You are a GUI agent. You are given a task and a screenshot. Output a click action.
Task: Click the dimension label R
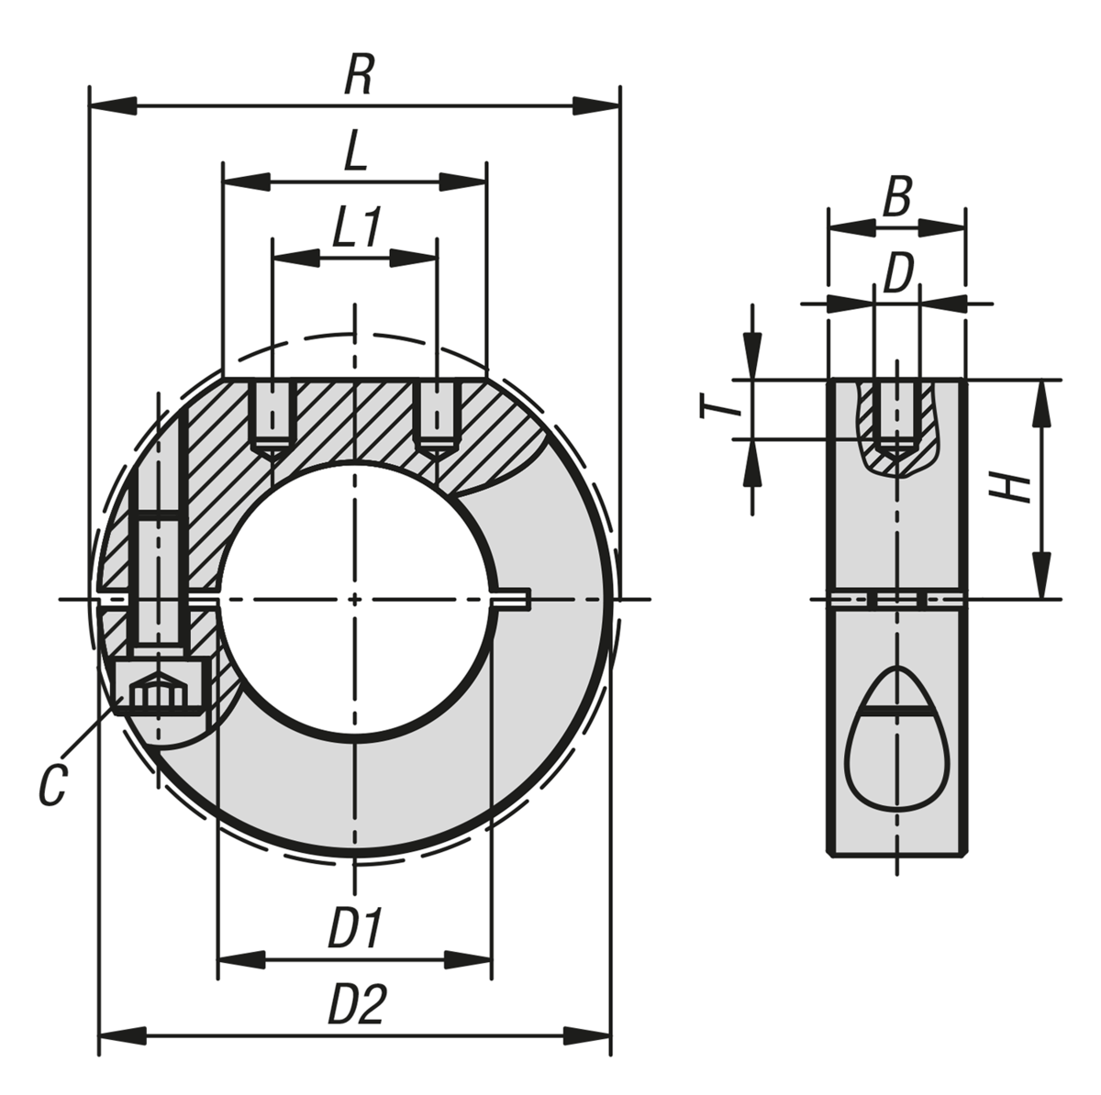358,77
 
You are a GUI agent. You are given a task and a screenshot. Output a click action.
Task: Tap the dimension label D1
355,930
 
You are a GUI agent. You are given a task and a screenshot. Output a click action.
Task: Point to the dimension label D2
356,1007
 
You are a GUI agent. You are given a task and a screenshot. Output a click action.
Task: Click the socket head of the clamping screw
161,684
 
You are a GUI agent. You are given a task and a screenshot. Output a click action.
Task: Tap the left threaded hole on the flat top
272,417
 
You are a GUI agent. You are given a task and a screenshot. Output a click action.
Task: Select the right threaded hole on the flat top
437,417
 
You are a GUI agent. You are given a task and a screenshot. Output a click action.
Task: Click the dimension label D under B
898,274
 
